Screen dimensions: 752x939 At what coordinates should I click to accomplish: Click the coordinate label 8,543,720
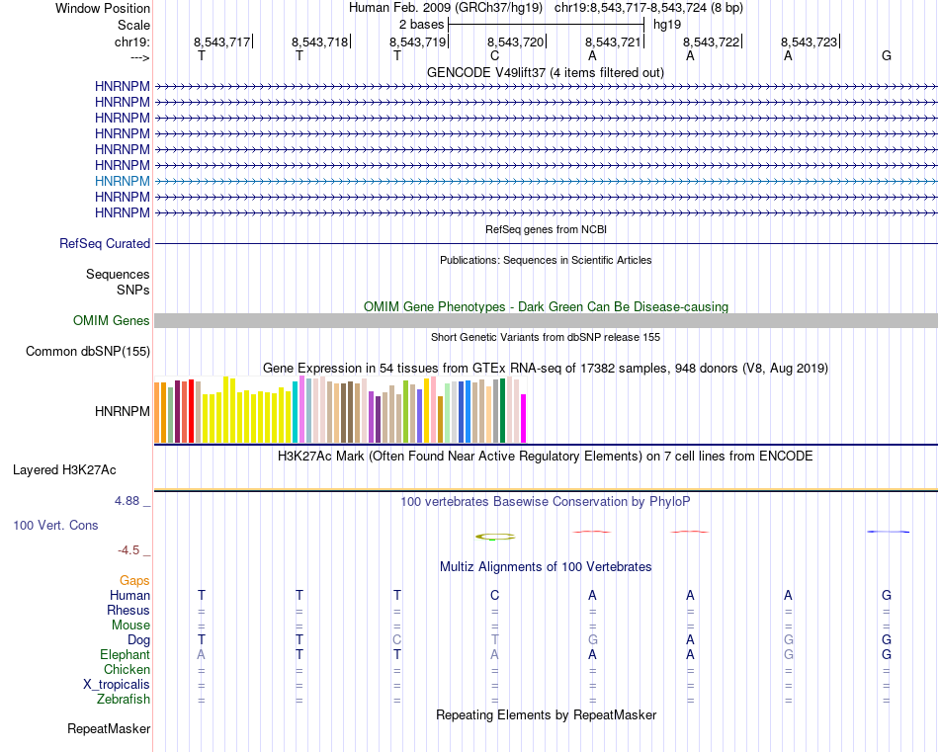516,42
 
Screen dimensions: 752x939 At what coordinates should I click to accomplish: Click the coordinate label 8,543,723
809,42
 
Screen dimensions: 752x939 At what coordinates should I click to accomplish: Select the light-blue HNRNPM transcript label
123,181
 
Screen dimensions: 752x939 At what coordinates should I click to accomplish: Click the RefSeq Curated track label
105,243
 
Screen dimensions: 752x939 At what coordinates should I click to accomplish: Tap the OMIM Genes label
112,320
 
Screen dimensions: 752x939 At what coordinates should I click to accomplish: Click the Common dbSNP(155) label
88,351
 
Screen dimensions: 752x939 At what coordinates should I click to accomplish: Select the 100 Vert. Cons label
55,525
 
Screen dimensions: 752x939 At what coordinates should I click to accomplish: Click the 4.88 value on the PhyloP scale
128,501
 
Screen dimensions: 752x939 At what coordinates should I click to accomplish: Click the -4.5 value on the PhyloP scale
129,549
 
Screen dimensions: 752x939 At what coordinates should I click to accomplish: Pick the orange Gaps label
134,580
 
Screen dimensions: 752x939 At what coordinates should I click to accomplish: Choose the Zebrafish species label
124,700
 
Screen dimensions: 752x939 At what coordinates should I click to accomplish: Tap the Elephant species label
125,654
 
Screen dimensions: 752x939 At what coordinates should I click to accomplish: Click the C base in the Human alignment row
494,595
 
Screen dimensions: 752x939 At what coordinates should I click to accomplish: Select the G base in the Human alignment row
887,595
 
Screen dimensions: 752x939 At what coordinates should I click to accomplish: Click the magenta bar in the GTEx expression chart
524,418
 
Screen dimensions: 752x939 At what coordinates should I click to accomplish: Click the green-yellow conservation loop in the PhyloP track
495,537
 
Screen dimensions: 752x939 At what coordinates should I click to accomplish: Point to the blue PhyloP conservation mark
888,532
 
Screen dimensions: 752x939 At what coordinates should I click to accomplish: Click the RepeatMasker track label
109,729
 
